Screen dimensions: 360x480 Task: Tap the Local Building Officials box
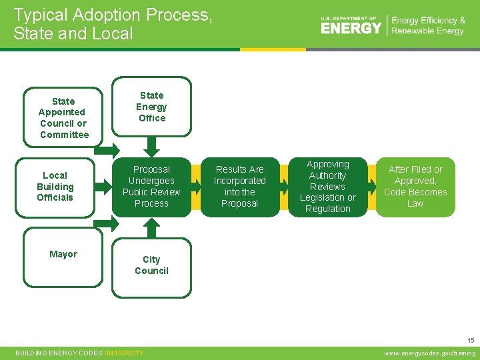coord(55,187)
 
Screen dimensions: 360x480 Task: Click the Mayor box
coord(63,256)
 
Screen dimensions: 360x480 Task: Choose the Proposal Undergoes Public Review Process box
coord(151,187)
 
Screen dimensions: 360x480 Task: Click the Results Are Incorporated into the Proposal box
coord(239,187)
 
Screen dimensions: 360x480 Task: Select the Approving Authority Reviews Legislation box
coord(327,187)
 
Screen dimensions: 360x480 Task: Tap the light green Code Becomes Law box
coord(415,187)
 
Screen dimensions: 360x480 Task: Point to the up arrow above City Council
coord(151,227)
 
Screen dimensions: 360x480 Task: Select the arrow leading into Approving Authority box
coord(284,187)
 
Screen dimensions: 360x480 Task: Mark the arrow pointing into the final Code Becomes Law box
coord(371,187)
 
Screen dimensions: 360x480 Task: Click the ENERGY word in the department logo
coord(351,28)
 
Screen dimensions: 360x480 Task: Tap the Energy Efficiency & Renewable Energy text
coord(428,26)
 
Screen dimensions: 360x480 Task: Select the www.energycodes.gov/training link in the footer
coord(431,353)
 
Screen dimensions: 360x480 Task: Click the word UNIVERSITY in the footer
coord(124,353)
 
